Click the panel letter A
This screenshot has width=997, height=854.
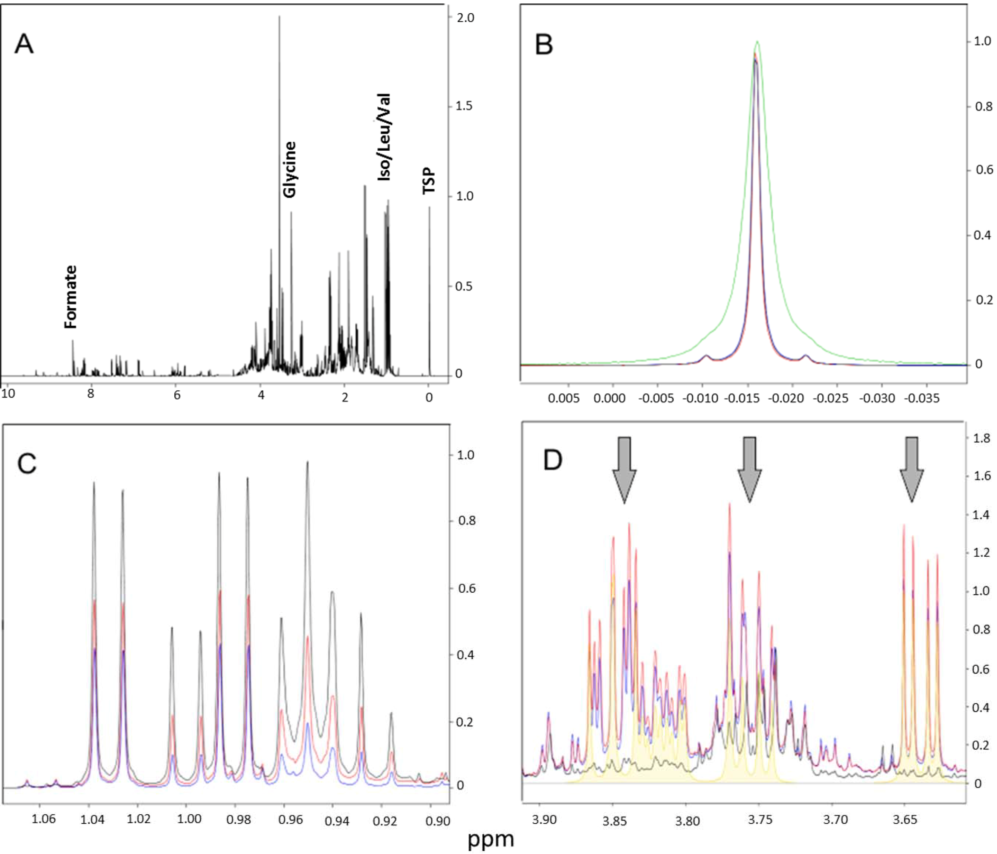tap(24, 44)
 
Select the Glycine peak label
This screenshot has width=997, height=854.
tap(289, 169)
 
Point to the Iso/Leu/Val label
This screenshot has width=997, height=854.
tap(384, 137)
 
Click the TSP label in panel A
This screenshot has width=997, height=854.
tap(429, 181)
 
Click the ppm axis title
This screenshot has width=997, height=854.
tap(491, 839)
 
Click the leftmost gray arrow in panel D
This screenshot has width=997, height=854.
tap(624, 469)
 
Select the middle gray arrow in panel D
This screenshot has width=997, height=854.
tap(750, 469)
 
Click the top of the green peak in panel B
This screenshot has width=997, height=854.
tap(757, 42)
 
